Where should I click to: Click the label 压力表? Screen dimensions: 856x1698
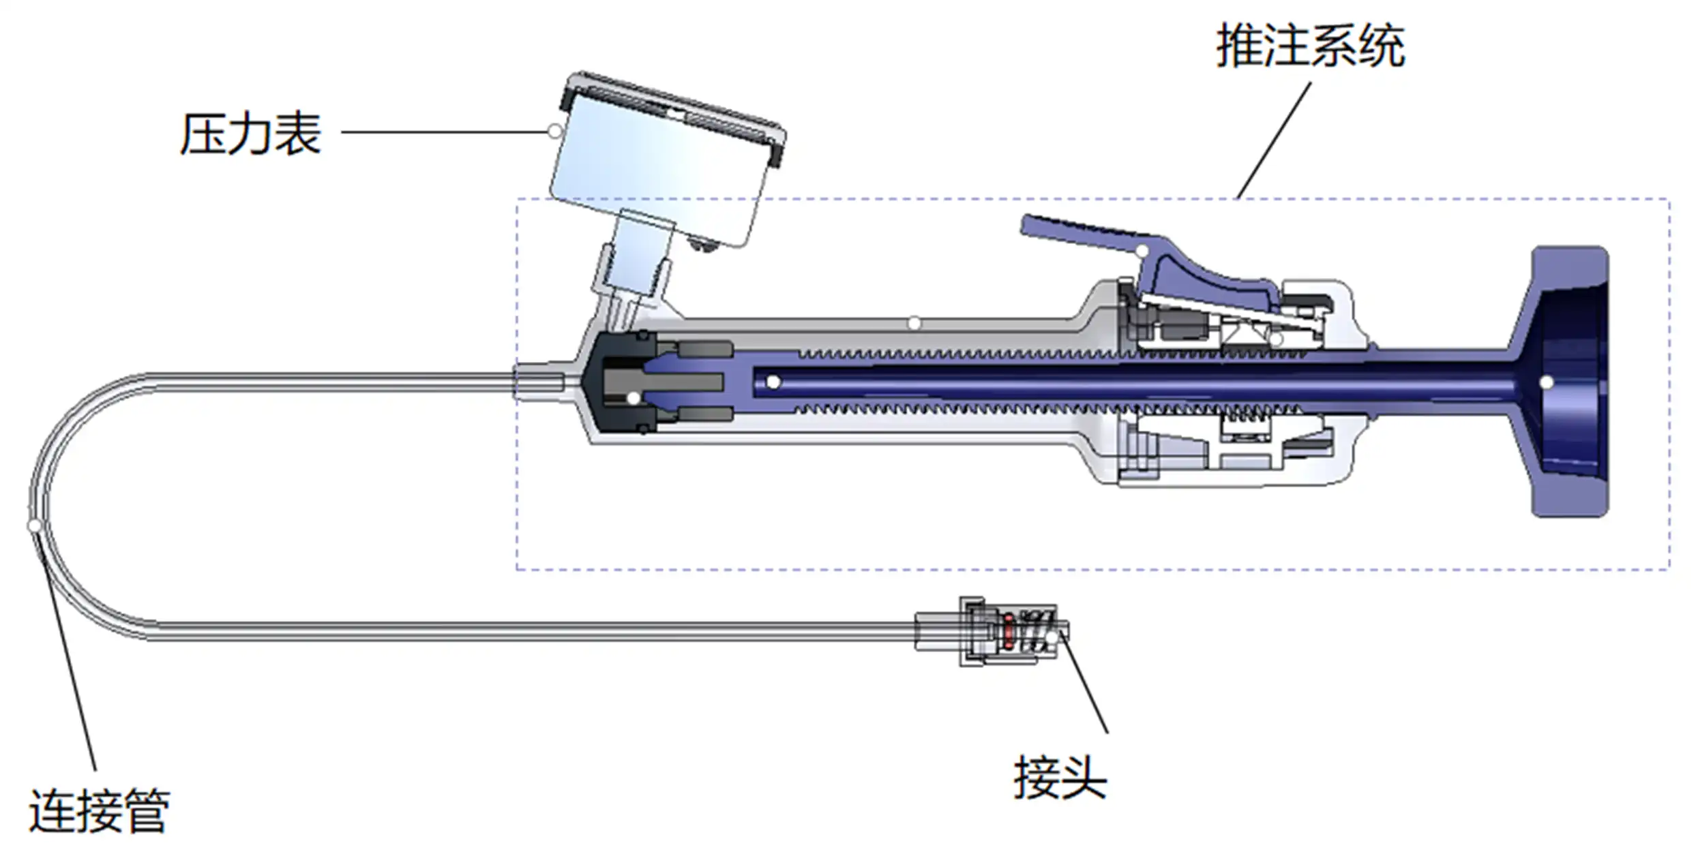[x=251, y=134]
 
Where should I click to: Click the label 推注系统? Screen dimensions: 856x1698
[x=1310, y=46]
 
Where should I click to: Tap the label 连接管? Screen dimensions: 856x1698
[x=99, y=811]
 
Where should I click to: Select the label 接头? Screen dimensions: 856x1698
[x=1060, y=778]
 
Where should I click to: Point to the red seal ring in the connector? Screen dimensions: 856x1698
[x=1009, y=631]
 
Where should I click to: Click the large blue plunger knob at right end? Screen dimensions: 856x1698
[x=1568, y=382]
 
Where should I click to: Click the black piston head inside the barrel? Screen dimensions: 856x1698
[x=621, y=382]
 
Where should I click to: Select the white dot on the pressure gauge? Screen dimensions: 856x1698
[x=555, y=131]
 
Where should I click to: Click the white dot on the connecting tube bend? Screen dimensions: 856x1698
[x=34, y=525]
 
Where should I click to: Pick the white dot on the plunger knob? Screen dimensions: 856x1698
[x=1547, y=382]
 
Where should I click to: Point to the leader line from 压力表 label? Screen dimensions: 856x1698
[x=443, y=132]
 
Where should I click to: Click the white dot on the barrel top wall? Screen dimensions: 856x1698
[x=914, y=323]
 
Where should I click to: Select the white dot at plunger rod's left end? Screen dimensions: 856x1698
[x=773, y=382]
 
